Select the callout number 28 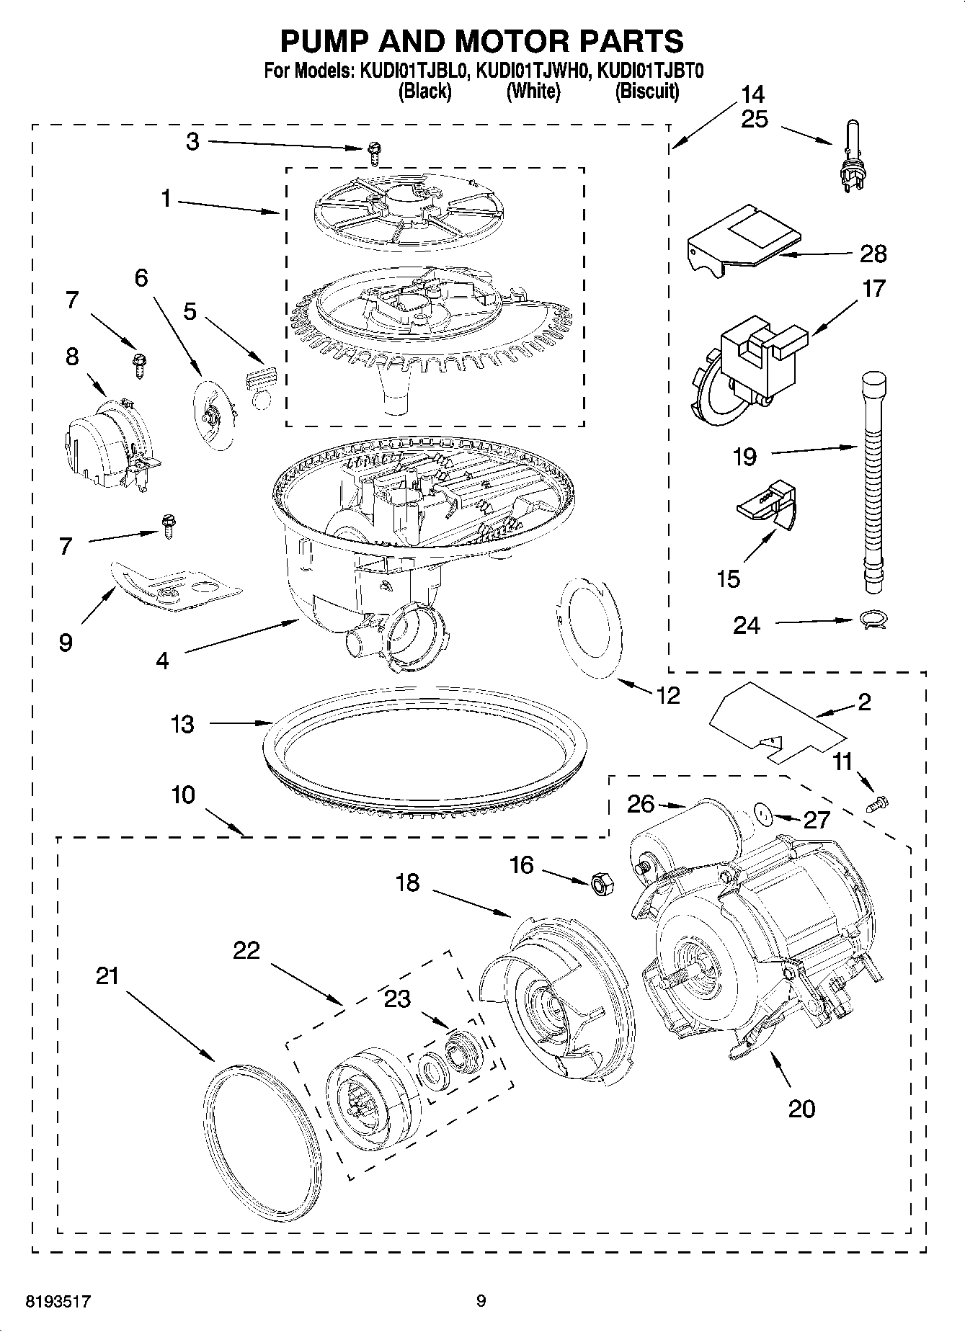873,254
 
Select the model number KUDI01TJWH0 533,71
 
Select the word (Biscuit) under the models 646,91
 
